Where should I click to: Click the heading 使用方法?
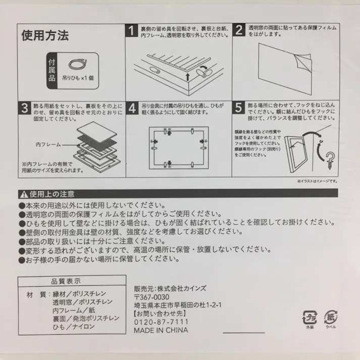pos(45,36)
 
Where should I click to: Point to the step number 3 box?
pos(24,109)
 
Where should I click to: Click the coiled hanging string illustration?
pos(78,64)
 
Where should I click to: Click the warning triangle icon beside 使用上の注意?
pos(23,194)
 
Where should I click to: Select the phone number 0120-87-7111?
pos(160,321)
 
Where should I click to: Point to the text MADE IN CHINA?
pos(160,330)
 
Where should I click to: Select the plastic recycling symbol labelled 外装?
pos(308,318)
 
